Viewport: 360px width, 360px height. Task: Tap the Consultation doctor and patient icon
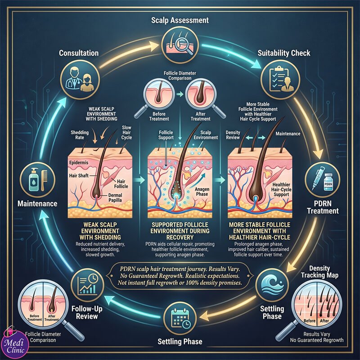(80, 80)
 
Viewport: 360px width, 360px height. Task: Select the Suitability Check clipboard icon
(280, 80)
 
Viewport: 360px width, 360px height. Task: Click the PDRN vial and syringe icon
(322, 180)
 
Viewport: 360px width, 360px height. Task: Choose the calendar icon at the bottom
(180, 318)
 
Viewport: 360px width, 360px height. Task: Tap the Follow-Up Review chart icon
(87, 285)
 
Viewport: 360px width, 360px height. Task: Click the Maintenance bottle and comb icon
(37, 180)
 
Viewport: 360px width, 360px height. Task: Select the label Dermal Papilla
(115, 198)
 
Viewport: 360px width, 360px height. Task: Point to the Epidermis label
(79, 162)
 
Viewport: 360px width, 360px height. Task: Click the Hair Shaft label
(79, 175)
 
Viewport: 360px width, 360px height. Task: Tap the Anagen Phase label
(202, 192)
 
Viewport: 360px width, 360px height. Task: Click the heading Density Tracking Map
(319, 272)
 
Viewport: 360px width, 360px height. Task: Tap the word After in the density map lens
(324, 321)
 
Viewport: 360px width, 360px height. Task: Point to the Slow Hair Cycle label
(126, 132)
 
